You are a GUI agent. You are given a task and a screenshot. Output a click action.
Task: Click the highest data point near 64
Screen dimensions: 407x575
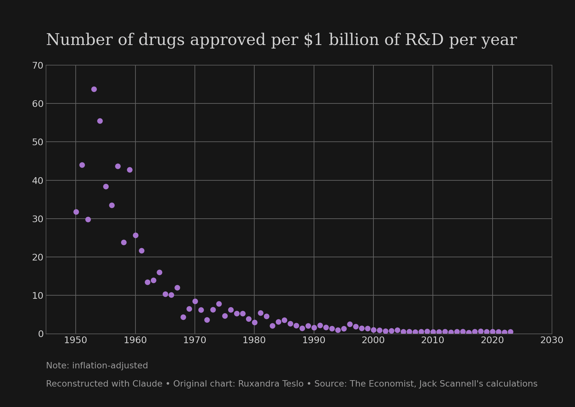coord(94,89)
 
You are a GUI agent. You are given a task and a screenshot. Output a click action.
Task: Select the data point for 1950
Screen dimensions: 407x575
coord(76,212)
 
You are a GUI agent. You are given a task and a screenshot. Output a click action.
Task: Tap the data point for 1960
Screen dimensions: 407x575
coord(135,235)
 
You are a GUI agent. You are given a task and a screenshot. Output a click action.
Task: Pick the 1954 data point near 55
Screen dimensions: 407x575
coord(100,121)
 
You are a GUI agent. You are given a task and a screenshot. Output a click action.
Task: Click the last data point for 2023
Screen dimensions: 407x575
coord(510,332)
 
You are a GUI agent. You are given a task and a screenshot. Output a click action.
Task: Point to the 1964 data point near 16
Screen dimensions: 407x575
coord(159,272)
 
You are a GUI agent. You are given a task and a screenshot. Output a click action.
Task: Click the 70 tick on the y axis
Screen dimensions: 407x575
coord(38,65)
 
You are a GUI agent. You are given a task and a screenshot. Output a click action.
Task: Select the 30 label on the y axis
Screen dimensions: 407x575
coord(38,219)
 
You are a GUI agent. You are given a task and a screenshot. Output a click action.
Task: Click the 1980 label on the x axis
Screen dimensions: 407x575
coord(254,340)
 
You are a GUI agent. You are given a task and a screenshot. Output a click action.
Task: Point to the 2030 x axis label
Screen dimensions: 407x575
coord(552,340)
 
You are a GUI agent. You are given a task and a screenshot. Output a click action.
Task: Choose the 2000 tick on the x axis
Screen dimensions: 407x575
coord(373,340)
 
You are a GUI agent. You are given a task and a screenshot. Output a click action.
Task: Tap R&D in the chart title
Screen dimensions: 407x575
coord(424,40)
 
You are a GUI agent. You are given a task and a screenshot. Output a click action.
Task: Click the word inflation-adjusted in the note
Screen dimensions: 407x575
coord(110,366)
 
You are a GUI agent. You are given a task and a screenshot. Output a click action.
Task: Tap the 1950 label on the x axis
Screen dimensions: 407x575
coord(76,340)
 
